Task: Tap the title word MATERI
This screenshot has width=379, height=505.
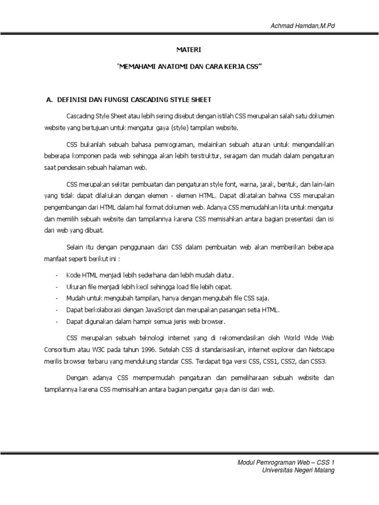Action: click(189, 50)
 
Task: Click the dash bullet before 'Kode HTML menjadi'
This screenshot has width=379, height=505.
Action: click(58, 275)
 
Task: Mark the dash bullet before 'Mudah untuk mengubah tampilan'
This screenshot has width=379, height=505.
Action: click(58, 298)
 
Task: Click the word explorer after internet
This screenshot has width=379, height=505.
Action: click(272, 350)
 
